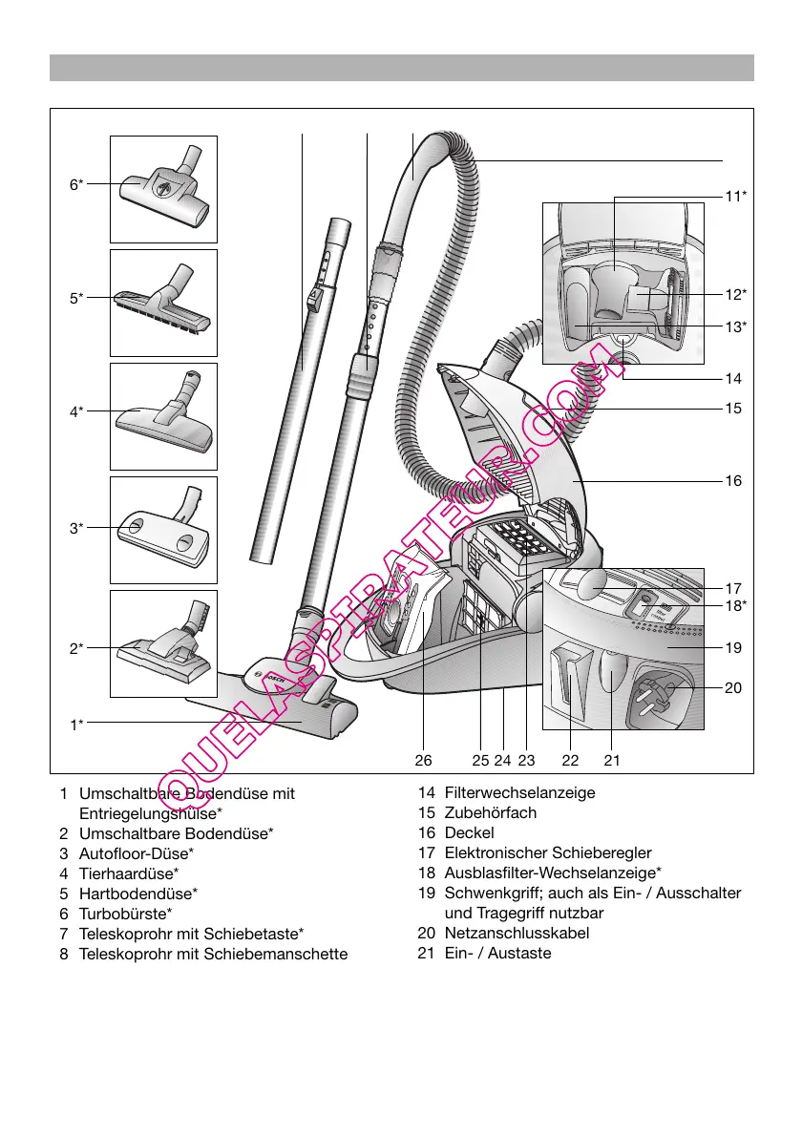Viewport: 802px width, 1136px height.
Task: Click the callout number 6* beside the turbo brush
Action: [x=75, y=185]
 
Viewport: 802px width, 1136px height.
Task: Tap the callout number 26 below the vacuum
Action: [x=424, y=761]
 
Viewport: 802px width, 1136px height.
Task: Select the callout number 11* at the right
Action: [x=734, y=197]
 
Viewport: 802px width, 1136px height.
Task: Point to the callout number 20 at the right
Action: [x=733, y=687]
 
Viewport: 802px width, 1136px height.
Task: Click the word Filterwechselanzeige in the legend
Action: [x=519, y=793]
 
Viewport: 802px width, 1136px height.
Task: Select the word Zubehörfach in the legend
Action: [x=491, y=813]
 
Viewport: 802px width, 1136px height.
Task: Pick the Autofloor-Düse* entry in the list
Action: [x=137, y=853]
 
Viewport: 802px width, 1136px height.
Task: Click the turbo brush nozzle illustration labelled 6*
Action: [x=164, y=188]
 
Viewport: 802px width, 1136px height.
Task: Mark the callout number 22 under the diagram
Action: [x=570, y=761]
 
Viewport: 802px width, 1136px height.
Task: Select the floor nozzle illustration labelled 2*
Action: [x=164, y=642]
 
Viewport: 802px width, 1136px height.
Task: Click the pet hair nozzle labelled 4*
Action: [x=164, y=418]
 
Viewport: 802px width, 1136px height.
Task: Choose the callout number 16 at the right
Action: [x=733, y=482]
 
